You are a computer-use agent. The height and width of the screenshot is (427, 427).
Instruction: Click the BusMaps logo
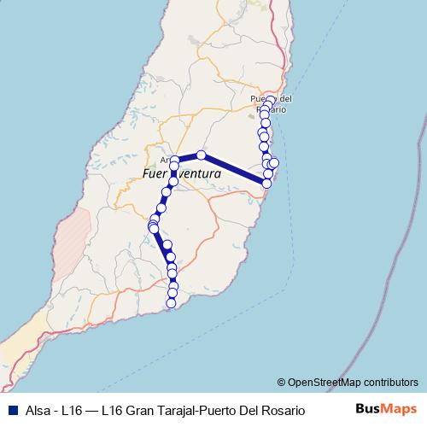pos(386,409)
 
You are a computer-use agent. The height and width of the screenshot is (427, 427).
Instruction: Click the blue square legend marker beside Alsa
pos(8,410)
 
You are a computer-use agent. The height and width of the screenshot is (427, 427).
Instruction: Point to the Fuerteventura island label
pos(181,173)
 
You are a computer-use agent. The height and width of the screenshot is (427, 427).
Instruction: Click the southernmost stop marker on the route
pos(172,303)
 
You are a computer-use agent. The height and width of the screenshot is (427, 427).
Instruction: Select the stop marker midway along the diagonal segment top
pos(202,155)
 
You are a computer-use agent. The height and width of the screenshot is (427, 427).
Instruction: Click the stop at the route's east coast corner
pos(266,184)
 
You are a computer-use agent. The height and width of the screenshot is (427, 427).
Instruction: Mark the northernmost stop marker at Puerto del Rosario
pos(271,101)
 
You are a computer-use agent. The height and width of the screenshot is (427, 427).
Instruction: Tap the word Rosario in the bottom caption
pos(282,410)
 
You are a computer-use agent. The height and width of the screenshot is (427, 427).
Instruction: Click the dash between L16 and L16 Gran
pos(96,410)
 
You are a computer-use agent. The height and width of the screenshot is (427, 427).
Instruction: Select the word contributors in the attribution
pos(388,383)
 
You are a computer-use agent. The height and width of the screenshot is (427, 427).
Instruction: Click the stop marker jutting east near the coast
pos(274,163)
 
